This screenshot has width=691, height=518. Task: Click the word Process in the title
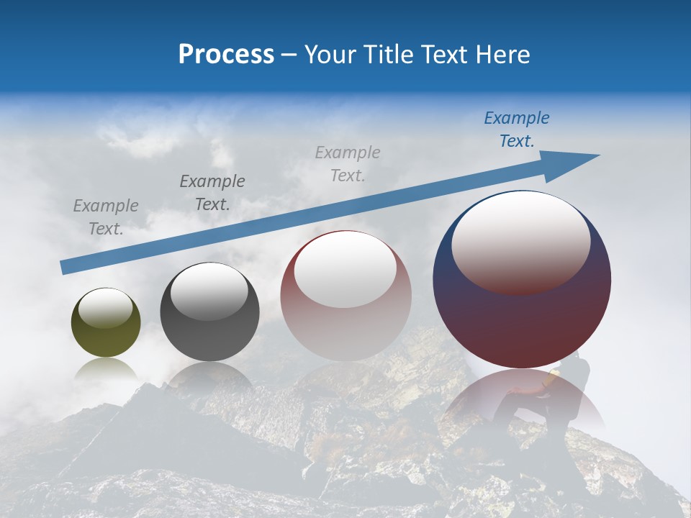pos(226,55)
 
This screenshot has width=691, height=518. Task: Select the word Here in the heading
pos(504,55)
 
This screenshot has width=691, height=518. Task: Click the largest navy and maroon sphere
pos(522,317)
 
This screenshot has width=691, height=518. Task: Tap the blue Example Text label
pos(517,129)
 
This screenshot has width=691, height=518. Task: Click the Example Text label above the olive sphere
pos(106,217)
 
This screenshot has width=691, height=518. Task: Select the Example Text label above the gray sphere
pos(212,192)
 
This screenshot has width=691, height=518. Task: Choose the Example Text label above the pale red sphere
pos(348,163)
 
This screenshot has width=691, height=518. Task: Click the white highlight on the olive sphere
pos(105,308)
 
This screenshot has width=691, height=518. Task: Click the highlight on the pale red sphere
pos(345,270)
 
